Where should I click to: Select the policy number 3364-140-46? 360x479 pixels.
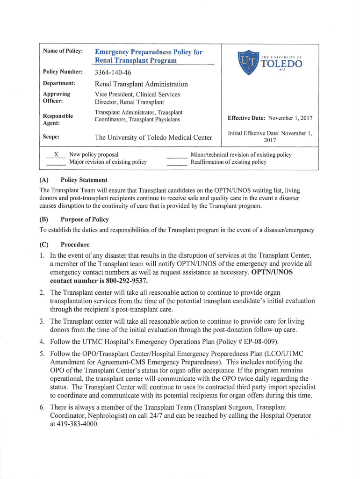click(x=113, y=73)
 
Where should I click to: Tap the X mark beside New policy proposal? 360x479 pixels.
click(x=56, y=154)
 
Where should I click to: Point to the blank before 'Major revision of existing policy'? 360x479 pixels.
click(x=56, y=162)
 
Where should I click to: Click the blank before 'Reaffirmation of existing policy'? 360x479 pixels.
click(x=177, y=162)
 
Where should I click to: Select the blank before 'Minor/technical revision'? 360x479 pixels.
click(x=177, y=154)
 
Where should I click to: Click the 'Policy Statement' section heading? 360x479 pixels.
click(x=84, y=180)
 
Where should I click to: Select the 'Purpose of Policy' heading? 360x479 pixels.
click(x=85, y=219)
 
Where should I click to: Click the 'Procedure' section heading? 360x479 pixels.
click(x=75, y=245)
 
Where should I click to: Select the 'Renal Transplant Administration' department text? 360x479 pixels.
click(x=141, y=84)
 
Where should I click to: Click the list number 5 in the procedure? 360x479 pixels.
click(x=42, y=354)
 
